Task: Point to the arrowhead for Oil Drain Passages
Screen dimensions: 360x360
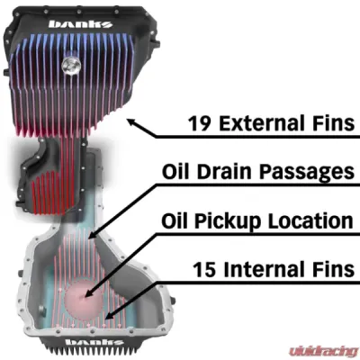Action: [90, 236]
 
